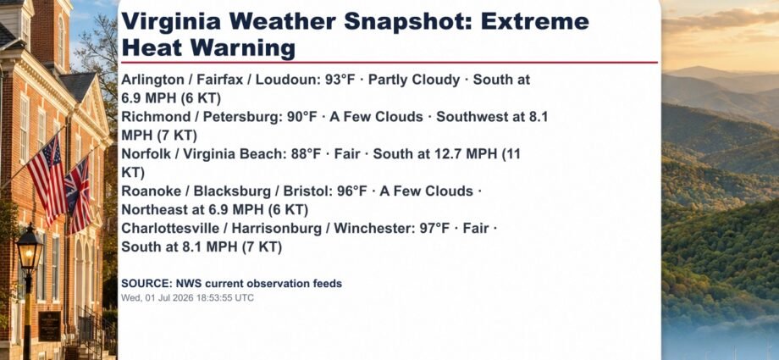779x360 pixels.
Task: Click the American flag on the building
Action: pos(47,179)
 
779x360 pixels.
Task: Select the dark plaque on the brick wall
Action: pos(50,326)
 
